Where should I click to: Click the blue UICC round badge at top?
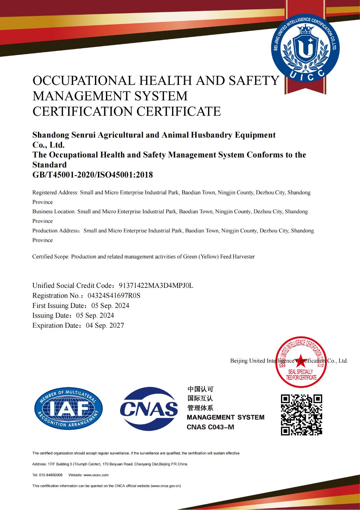pyautogui.click(x=305, y=48)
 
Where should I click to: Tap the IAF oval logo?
pyautogui.click(x=68, y=408)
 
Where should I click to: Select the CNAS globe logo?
pyautogui.click(x=149, y=409)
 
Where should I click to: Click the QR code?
pyautogui.click(x=301, y=415)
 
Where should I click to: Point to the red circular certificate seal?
pyautogui.click(x=301, y=362)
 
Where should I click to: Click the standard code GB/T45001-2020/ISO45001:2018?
pyautogui.click(x=93, y=175)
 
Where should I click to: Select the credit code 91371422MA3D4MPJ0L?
pyautogui.click(x=156, y=286)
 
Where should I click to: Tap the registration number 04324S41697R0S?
pyautogui.click(x=114, y=295)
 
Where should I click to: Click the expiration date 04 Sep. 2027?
pyautogui.click(x=105, y=325)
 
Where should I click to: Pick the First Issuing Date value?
pyautogui.click(x=110, y=306)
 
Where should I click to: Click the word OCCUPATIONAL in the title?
pyautogui.click(x=84, y=81)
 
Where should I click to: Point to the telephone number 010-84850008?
pyautogui.click(x=51, y=475)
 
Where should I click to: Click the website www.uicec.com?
pyautogui.click(x=96, y=475)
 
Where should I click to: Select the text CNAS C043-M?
pyautogui.click(x=210, y=427)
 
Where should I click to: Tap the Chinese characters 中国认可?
pyautogui.click(x=200, y=389)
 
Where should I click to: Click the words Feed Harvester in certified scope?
pyautogui.click(x=237, y=257)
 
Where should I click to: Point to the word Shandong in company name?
pyautogui.click(x=51, y=135)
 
